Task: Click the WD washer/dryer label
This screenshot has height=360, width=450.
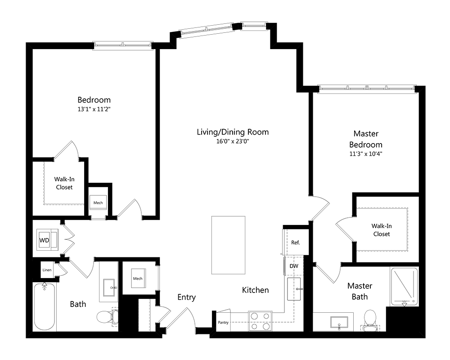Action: [x=44, y=240]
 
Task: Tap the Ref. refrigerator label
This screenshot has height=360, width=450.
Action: [x=295, y=243]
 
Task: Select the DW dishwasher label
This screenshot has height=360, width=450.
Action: [x=294, y=266]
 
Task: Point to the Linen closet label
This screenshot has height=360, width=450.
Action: [x=47, y=270]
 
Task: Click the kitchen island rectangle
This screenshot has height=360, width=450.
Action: [x=229, y=245]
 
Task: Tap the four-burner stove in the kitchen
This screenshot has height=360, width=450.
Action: [x=260, y=321]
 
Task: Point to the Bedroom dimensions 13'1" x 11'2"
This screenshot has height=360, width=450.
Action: [x=94, y=109]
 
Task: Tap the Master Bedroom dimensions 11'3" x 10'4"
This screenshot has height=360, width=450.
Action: [x=365, y=154]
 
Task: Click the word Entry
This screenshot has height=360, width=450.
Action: [x=186, y=297]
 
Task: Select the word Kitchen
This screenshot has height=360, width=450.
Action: [x=255, y=290]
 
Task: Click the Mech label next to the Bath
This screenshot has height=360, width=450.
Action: [x=138, y=279]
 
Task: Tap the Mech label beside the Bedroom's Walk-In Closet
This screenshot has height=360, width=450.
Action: [x=98, y=202]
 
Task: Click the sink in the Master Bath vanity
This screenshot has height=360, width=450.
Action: [x=338, y=322]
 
